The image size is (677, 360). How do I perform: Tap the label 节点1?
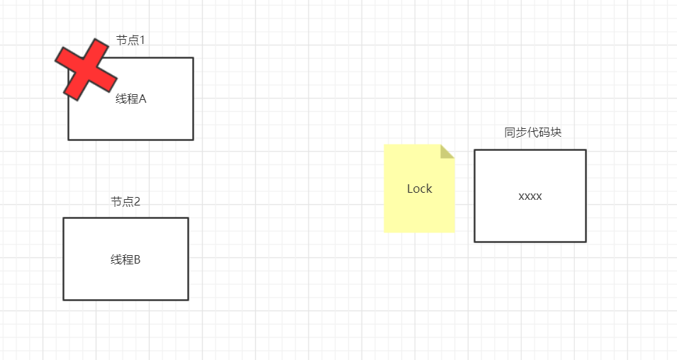[130, 40]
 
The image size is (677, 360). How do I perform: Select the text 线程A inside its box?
[130, 99]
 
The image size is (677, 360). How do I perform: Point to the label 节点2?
[125, 202]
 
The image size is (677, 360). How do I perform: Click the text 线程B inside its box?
[125, 260]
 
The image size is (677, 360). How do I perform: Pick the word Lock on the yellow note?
[419, 189]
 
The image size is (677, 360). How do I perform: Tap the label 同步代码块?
[533, 133]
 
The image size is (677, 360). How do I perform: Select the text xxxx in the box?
[530, 196]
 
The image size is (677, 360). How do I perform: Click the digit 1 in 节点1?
[142, 40]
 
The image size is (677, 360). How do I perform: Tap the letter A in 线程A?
[142, 99]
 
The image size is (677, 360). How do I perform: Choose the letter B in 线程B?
[137, 260]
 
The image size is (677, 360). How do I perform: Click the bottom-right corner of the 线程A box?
[193, 140]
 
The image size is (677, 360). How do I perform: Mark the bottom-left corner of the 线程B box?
[64, 300]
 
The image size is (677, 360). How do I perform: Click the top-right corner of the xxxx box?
[586, 150]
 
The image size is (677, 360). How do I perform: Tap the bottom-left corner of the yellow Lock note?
[385, 232]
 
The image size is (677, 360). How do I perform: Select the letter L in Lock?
[410, 189]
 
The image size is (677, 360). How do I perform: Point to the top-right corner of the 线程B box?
[188, 218]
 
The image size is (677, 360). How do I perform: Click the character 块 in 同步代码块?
[556, 133]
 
